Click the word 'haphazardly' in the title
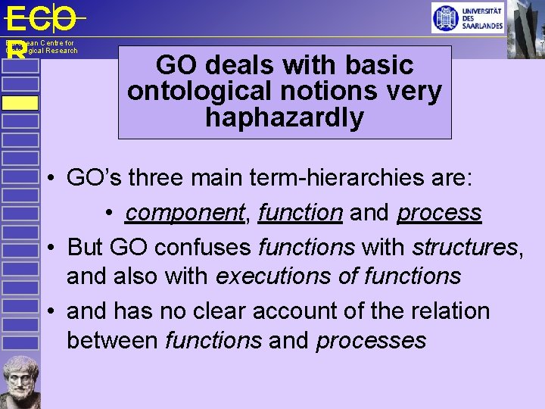click(284, 118)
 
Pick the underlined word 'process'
click(439, 213)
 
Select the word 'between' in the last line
click(112, 341)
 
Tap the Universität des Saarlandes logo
click(467, 17)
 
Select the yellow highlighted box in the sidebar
click(20, 103)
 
